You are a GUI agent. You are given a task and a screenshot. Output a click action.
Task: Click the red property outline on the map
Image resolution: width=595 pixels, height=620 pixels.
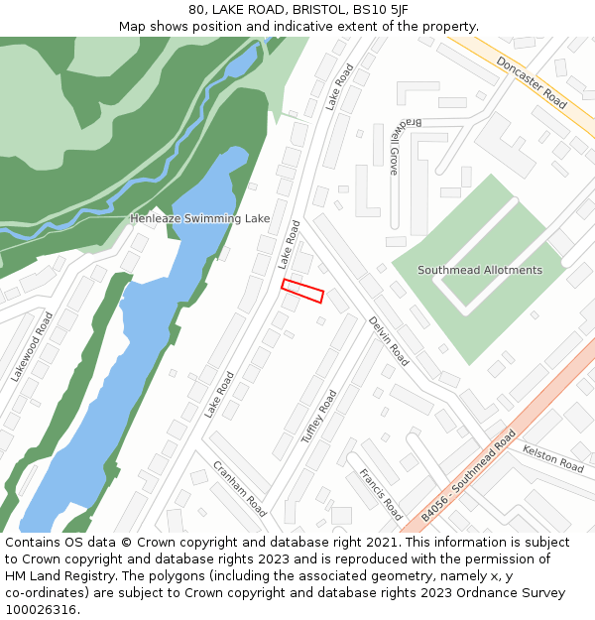pos(302,291)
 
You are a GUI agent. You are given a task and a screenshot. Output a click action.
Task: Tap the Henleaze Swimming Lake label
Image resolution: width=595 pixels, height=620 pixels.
pos(199,218)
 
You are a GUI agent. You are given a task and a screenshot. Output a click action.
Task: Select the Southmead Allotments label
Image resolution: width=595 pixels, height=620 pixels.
pos(480,270)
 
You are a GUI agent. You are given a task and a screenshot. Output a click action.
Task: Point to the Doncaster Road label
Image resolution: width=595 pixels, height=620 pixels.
pos(532,81)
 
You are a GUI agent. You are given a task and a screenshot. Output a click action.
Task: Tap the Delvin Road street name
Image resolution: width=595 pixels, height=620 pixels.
pos(388,340)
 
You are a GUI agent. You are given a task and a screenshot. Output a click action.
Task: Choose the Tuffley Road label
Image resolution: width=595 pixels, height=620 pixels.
pos(319,416)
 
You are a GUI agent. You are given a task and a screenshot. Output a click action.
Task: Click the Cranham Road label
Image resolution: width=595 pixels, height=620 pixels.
pos(240,488)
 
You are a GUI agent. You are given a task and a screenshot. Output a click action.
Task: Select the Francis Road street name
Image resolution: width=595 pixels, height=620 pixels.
pos(380,494)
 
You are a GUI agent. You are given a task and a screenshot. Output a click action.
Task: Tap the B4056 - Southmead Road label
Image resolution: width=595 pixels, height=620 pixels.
pos(468,475)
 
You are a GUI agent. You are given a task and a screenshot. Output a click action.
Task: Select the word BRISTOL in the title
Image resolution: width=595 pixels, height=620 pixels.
pos(306,10)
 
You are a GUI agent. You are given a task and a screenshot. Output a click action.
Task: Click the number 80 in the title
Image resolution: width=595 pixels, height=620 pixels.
pos(196,10)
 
